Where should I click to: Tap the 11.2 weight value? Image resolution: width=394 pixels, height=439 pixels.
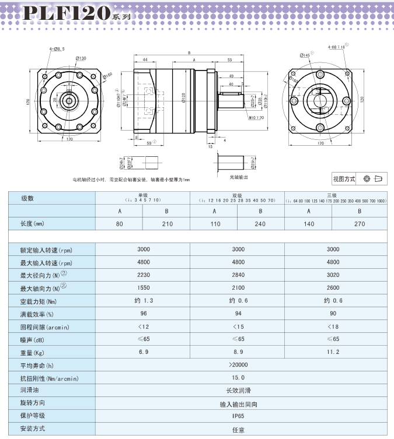tap(333, 352)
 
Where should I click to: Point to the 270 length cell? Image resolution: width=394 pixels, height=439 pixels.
tap(360, 223)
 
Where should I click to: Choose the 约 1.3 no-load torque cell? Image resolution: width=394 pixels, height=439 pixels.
tap(143, 301)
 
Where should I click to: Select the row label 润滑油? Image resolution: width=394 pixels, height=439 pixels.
tap(30, 391)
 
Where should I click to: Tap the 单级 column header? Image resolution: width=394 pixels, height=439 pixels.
tap(143, 196)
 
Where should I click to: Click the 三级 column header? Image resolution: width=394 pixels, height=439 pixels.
tap(333, 196)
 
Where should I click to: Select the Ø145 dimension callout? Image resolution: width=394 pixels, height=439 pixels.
tap(305, 55)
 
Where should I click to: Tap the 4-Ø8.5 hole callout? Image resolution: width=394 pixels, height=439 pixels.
tap(57, 50)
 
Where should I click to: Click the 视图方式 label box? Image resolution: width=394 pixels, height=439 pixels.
tap(344, 179)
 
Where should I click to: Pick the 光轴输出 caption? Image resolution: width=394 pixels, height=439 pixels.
tap(238, 176)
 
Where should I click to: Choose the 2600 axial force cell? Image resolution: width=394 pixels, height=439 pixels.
tap(333, 288)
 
